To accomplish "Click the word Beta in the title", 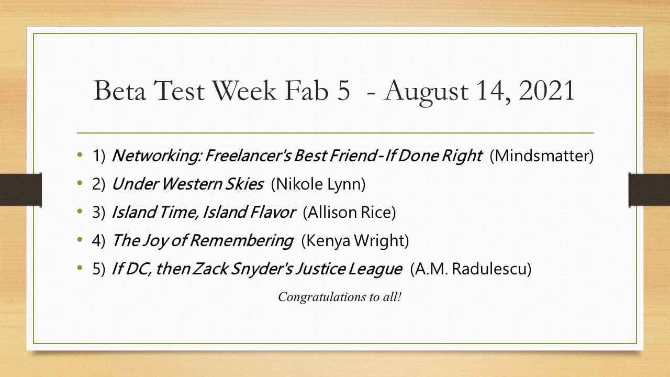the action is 120,90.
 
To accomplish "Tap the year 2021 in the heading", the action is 546,90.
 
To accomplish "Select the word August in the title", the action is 427,92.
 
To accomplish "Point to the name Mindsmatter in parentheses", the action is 541,156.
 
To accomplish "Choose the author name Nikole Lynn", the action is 318,184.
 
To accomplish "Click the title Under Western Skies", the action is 187,184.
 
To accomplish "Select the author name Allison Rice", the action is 349,212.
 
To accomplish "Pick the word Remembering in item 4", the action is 241,240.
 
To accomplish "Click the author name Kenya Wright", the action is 355,240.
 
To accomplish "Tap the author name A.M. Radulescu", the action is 471,269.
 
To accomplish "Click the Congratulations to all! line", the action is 340,297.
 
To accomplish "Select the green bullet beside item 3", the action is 80,211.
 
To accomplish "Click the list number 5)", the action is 99,269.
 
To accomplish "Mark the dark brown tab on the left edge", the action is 20,190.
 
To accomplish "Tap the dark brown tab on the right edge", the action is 649,190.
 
